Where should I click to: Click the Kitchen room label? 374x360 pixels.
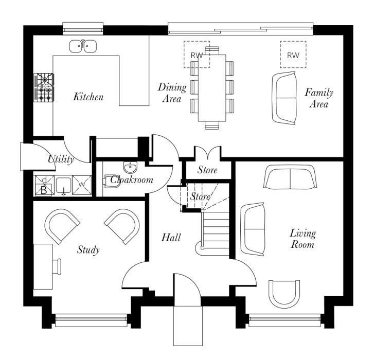pyautogui.click(x=88, y=97)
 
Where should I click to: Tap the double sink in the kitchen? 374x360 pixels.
pyautogui.click(x=83, y=46)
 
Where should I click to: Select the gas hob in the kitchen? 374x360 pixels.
pyautogui.click(x=44, y=87)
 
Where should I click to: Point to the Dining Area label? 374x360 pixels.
pyautogui.click(x=172, y=93)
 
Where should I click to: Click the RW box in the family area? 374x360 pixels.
pyautogui.click(x=293, y=55)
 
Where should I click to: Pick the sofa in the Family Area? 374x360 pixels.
pyautogui.click(x=284, y=98)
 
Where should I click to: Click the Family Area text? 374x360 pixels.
pyautogui.click(x=319, y=98)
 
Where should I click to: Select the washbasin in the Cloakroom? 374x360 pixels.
pyautogui.click(x=131, y=167)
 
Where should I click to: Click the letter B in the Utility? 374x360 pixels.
pyautogui.click(x=44, y=190)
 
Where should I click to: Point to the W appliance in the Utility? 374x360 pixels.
pyautogui.click(x=82, y=185)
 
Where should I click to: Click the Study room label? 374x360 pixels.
pyautogui.click(x=88, y=250)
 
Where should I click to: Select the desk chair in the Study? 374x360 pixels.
pyautogui.click(x=57, y=266)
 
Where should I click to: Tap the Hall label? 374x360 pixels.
pyautogui.click(x=171, y=238)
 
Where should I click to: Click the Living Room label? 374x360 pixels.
pyautogui.click(x=302, y=239)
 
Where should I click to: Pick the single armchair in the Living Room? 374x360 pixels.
pyautogui.click(x=284, y=294)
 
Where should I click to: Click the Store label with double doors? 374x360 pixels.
pyautogui.click(x=207, y=170)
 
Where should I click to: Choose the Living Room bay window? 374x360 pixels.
pyautogui.click(x=284, y=320)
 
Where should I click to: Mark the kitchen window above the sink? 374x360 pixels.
pyautogui.click(x=83, y=28)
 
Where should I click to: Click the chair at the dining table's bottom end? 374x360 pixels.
pyautogui.click(x=212, y=125)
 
